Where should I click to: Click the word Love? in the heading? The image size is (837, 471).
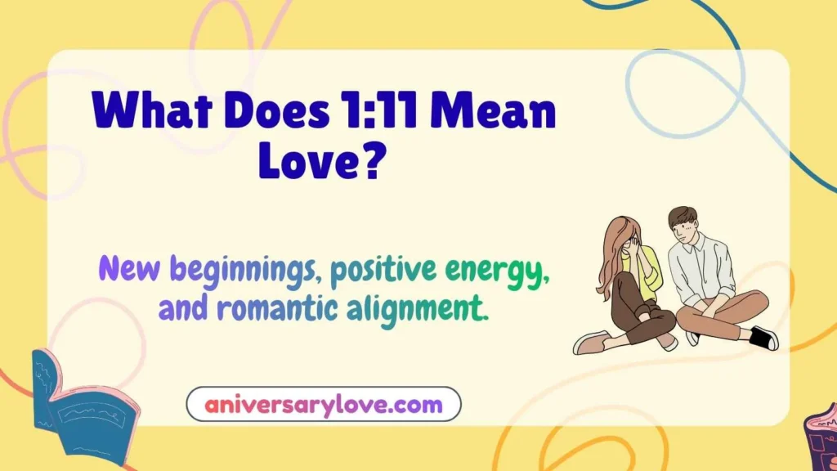point(321,160)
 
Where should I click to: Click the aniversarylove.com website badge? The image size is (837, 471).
point(324,404)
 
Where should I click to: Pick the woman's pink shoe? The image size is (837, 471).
point(590,341)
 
